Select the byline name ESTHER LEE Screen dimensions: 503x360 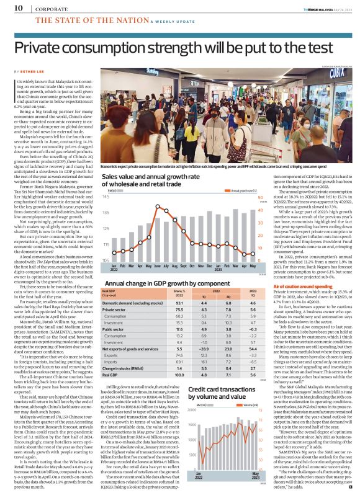point(35,72)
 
